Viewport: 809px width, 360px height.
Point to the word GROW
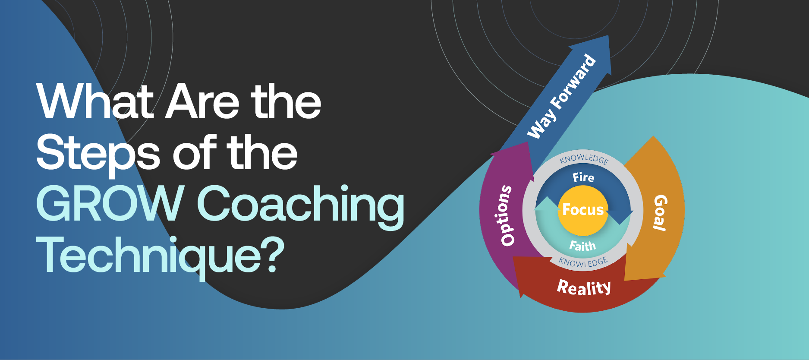(110, 204)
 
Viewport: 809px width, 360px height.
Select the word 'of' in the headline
(197, 152)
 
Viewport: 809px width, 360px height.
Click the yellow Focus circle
(583, 210)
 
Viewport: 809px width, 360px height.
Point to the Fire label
(583, 177)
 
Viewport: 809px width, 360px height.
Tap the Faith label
(582, 246)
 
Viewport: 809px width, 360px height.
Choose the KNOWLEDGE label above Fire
(584, 159)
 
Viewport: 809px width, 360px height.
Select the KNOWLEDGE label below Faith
(583, 262)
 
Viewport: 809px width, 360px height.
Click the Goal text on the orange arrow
(659, 212)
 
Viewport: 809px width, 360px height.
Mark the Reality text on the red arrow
(584, 287)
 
